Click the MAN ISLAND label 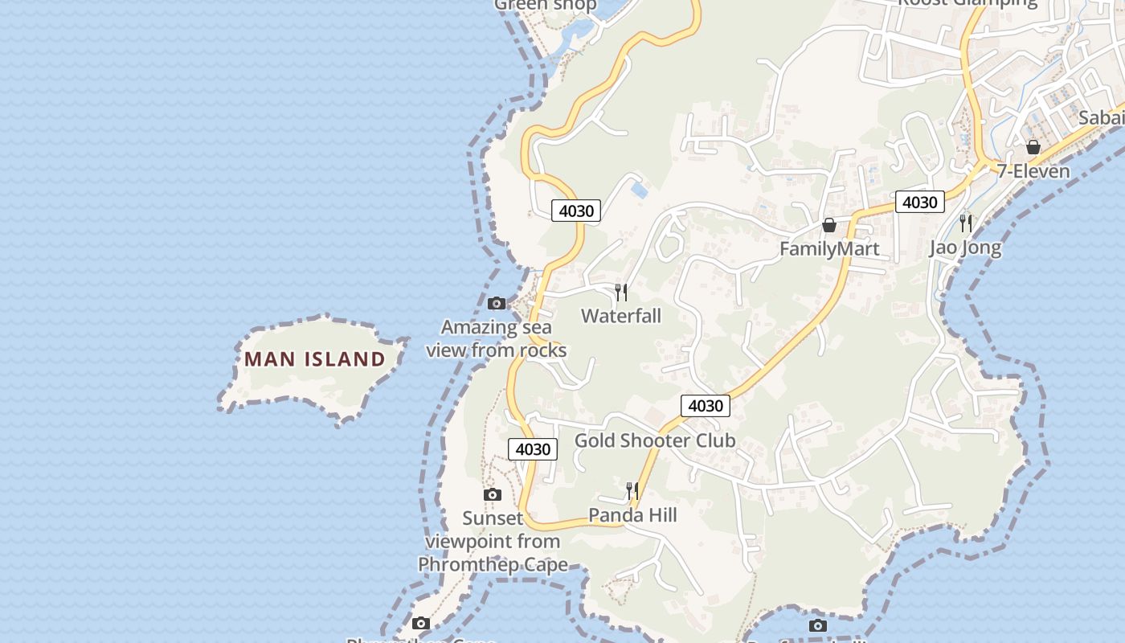(x=315, y=359)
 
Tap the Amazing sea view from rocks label (x=497, y=338)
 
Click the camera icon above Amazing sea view (x=497, y=303)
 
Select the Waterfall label (x=621, y=316)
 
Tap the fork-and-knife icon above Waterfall (x=621, y=292)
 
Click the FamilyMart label (x=829, y=249)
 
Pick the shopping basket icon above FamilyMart (x=829, y=225)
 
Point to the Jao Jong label (x=965, y=247)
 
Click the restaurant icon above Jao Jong (x=966, y=223)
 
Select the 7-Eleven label (x=1033, y=171)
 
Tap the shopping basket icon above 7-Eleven (x=1033, y=147)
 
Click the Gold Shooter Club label (x=655, y=440)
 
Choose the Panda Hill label (x=632, y=515)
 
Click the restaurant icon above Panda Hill (x=632, y=490)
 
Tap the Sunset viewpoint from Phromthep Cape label (x=493, y=541)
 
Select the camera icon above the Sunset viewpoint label (x=493, y=494)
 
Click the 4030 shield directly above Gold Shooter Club (x=706, y=406)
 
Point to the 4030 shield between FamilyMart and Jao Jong (x=919, y=202)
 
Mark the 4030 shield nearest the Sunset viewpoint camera (x=533, y=449)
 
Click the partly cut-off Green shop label (x=546, y=5)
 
